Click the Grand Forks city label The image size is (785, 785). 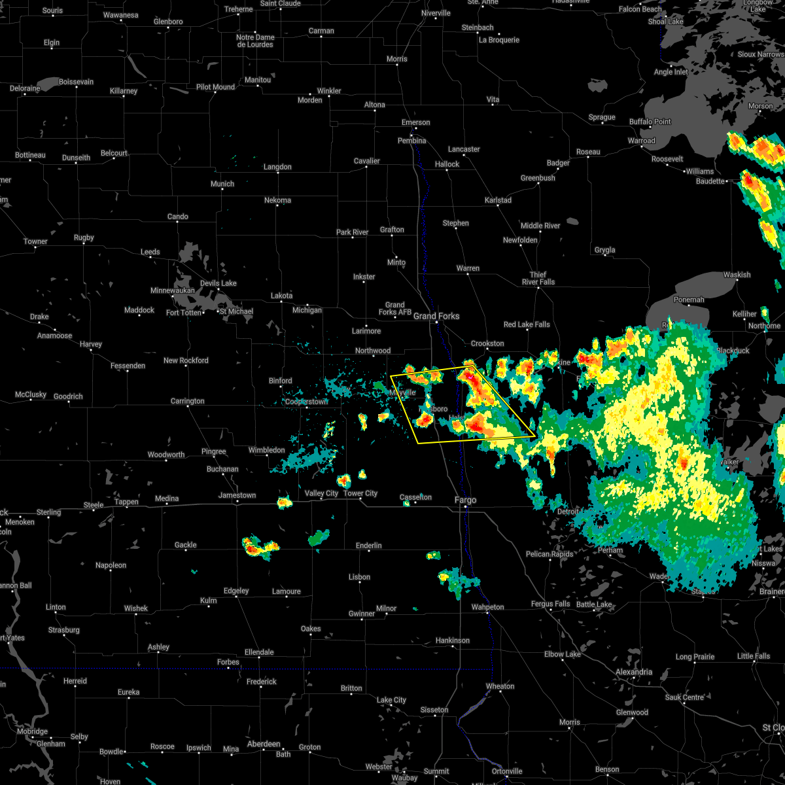point(436,316)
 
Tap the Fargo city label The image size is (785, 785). point(465,500)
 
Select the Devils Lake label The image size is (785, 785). point(218,283)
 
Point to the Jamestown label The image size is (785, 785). point(237,495)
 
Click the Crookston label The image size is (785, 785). point(487,343)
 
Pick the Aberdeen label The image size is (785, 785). point(264,744)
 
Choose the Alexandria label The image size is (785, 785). point(633,672)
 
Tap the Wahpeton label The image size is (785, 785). point(487,607)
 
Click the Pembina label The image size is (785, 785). point(411,141)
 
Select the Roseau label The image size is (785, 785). point(588,152)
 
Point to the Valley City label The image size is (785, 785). point(321,493)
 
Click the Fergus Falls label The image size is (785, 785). point(550,604)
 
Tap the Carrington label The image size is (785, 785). point(187,401)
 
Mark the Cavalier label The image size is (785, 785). point(366,161)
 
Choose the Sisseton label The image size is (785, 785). point(434,710)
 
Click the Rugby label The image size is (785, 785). point(84,237)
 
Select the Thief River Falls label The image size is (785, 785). point(538,278)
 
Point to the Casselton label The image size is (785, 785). point(415,497)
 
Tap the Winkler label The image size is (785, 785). point(329,91)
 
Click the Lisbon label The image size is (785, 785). point(359,577)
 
